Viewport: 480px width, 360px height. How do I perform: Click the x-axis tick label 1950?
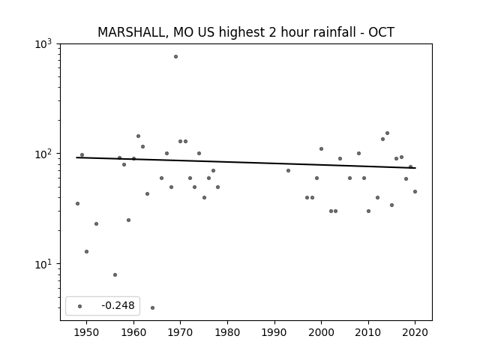[87, 332]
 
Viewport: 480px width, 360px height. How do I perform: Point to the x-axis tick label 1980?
[227, 332]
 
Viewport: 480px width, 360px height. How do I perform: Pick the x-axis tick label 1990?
[274, 332]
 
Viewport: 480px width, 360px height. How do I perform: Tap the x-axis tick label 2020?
[415, 332]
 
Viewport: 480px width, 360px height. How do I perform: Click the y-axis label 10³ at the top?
[43, 44]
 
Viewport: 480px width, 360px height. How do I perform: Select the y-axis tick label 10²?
[43, 154]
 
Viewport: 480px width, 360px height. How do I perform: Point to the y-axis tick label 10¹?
[43, 265]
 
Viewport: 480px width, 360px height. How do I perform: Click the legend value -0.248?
[118, 305]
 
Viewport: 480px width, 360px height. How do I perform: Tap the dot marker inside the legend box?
[80, 306]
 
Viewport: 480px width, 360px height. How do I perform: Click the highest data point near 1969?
[175, 57]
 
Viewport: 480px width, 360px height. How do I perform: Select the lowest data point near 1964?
[152, 307]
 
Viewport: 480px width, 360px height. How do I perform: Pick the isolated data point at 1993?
[288, 170]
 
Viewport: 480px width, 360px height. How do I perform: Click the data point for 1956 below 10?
[115, 275]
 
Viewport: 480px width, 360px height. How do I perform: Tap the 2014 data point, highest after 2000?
[387, 133]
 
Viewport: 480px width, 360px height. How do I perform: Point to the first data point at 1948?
[77, 203]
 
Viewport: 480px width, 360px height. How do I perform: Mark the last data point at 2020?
[415, 192]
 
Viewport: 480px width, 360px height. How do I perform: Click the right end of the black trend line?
[415, 168]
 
